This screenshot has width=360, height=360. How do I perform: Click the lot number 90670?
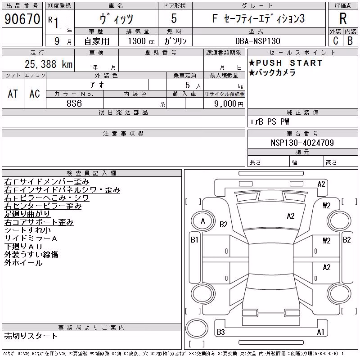pyautogui.click(x=22, y=19)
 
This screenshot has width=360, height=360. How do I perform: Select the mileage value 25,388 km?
pyautogui.click(x=49, y=64)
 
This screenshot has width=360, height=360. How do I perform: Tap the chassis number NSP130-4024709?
pyautogui.click(x=302, y=143)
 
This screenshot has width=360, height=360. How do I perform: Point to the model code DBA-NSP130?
pyautogui.click(x=257, y=41)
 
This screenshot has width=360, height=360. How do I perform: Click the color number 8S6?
pyautogui.click(x=74, y=103)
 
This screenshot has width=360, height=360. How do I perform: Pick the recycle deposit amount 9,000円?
pyautogui.click(x=229, y=104)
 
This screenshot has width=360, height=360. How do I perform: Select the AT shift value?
pyautogui.click(x=13, y=94)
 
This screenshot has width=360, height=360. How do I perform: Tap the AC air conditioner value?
pyautogui.click(x=35, y=94)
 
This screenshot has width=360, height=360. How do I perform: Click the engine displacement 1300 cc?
pyautogui.click(x=141, y=41)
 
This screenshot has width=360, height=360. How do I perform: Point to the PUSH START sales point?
pyautogui.click(x=286, y=63)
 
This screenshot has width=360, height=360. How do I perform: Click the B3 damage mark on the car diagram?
pyautogui.click(x=221, y=332)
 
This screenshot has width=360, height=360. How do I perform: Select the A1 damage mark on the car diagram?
pyautogui.click(x=320, y=332)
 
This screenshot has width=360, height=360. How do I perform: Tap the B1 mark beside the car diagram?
pyautogui.click(x=194, y=240)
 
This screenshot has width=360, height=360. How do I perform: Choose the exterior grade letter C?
pyautogui.click(x=336, y=40)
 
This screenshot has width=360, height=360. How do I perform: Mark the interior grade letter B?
pyautogui.click(x=350, y=40)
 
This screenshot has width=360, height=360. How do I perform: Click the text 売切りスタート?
pyautogui.click(x=31, y=336)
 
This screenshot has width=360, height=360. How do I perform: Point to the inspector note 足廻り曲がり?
pyautogui.click(x=27, y=214)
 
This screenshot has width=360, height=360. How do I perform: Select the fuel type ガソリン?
pyautogui.click(x=175, y=41)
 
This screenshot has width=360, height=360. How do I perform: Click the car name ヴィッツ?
pyautogui.click(x=117, y=18)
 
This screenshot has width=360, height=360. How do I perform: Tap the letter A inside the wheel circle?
pyautogui.click(x=203, y=221)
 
